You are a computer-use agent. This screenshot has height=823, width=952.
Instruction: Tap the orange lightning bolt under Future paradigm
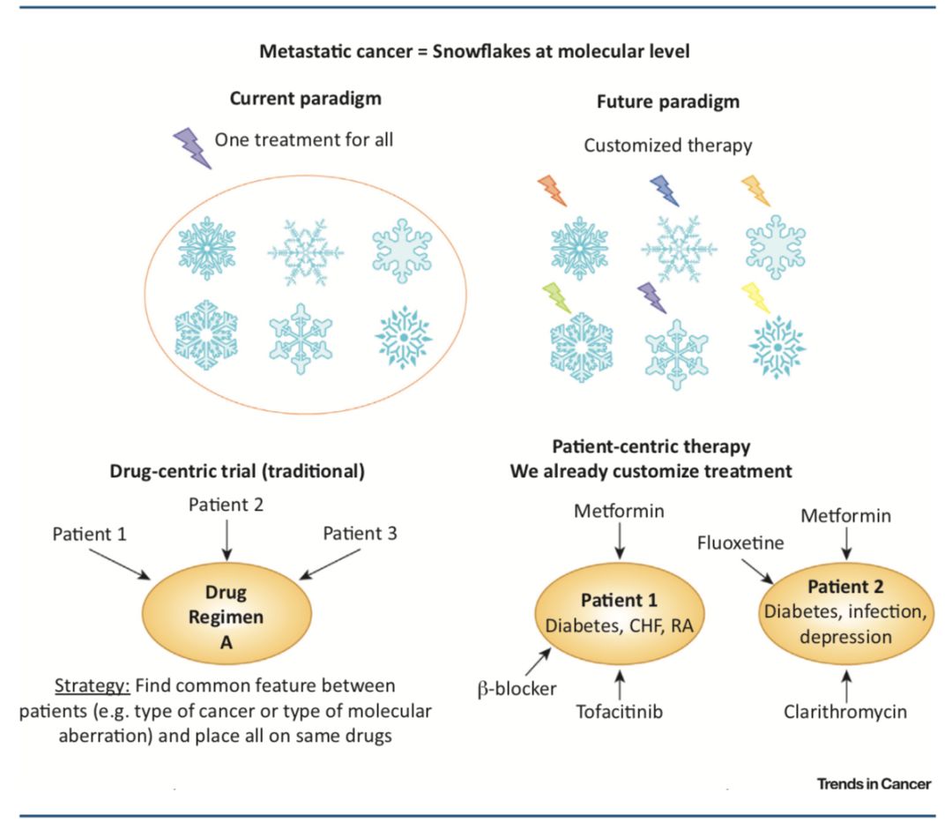coord(553,190)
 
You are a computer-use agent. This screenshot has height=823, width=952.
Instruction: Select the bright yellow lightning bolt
coord(757,299)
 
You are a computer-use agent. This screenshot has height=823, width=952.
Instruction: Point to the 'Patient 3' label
coord(360,533)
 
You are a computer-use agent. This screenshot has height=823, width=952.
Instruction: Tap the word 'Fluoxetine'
coord(740,543)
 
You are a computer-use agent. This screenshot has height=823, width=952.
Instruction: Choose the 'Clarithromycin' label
coord(845,710)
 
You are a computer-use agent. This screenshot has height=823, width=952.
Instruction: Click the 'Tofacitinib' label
coord(621,710)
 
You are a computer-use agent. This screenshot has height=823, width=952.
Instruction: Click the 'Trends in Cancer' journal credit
coord(873,783)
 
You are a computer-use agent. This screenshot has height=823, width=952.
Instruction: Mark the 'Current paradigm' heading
coord(305,98)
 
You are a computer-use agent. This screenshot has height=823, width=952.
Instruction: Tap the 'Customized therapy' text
coord(668,146)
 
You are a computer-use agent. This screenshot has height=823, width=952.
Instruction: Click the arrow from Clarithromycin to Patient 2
coord(846,685)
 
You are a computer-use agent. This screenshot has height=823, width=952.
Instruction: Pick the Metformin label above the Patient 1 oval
coord(621,511)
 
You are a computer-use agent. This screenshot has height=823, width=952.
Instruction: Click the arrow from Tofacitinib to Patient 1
coord(621,685)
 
